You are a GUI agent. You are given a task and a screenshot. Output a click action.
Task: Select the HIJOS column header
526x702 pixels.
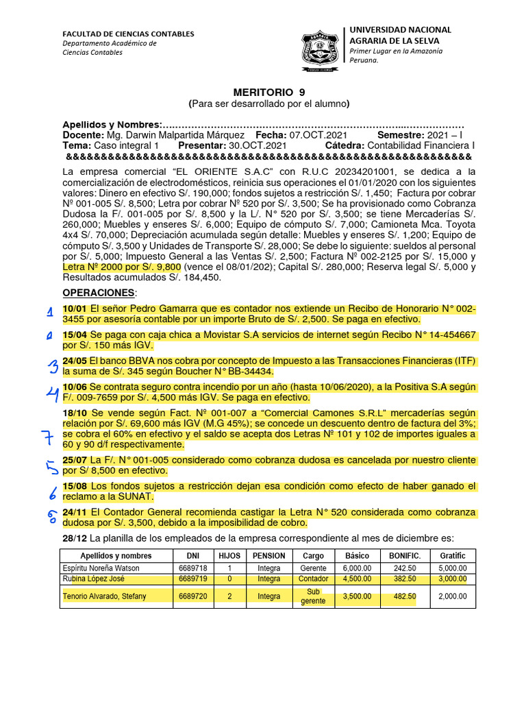pos(229,555)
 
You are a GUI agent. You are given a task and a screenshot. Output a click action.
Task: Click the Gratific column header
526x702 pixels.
pos(453,555)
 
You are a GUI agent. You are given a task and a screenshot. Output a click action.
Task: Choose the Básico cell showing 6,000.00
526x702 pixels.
pos(358,568)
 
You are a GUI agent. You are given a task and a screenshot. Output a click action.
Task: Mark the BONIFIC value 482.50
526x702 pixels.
pos(405,596)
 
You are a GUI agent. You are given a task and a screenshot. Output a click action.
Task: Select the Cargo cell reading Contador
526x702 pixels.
pos(314,579)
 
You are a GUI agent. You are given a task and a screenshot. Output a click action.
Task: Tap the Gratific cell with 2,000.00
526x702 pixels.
pos(453,596)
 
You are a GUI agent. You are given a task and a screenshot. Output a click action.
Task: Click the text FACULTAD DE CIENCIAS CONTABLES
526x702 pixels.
pos(128,34)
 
